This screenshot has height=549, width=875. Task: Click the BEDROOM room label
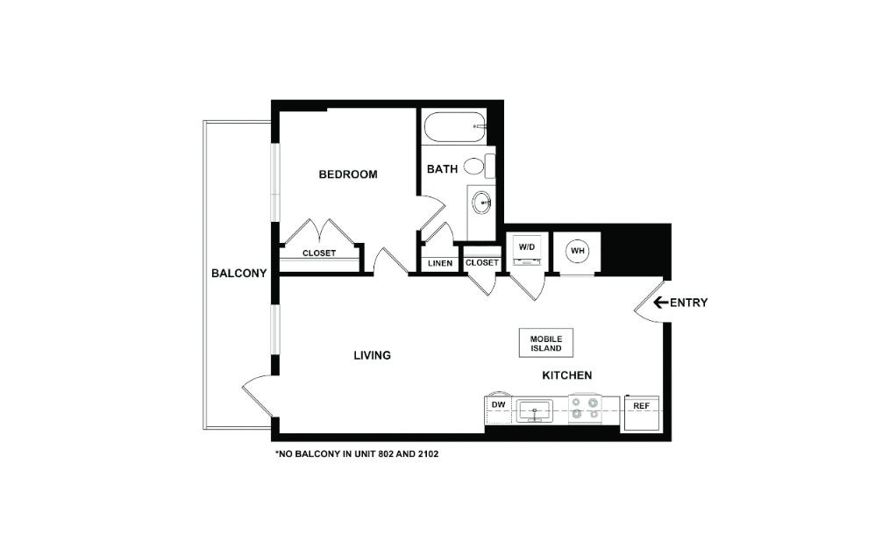347,175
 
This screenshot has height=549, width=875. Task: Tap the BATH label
442,168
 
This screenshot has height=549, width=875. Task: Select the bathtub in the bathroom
455,126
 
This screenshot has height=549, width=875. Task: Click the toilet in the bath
476,166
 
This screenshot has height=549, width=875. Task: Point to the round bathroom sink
481,204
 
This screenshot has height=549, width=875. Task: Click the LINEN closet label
440,263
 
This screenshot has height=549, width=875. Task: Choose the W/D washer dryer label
526,248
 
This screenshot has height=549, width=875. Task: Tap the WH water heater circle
578,251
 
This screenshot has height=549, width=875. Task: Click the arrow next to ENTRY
660,303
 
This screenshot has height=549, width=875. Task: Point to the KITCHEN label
566,375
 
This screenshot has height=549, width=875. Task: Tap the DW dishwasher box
498,405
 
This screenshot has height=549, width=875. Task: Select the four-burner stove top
584,409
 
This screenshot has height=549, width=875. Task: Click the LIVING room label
372,355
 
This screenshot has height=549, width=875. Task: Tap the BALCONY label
238,274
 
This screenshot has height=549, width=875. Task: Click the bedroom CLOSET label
319,253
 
